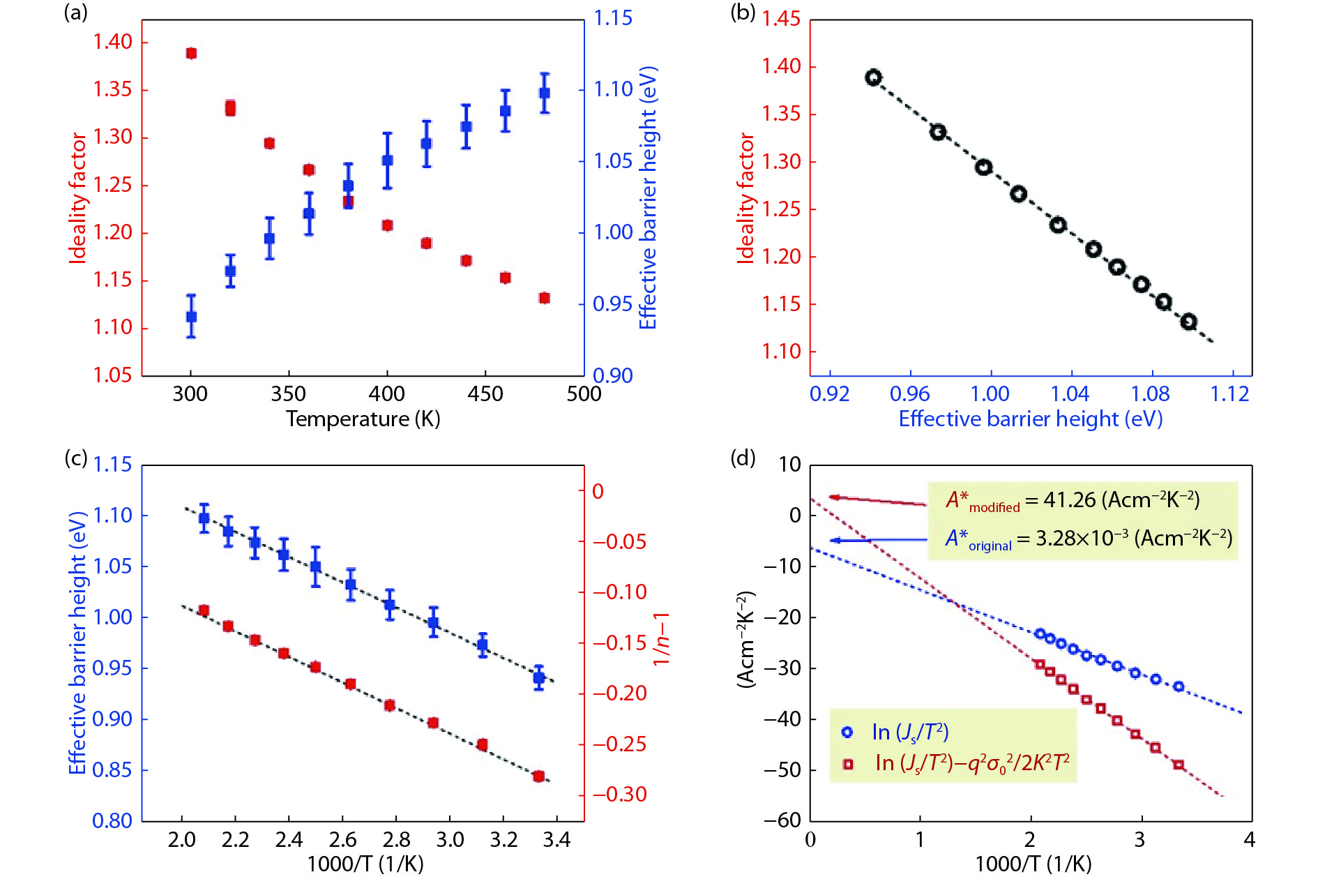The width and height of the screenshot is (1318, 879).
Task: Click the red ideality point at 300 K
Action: pos(191,54)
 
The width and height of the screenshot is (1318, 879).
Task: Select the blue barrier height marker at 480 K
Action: pos(545,93)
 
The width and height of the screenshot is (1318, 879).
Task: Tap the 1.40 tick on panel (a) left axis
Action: pos(113,42)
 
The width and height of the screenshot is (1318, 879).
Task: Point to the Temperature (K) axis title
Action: pos(363,419)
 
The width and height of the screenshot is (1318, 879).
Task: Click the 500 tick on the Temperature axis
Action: pos(584,394)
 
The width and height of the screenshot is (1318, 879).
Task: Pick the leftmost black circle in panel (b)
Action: pos(873,77)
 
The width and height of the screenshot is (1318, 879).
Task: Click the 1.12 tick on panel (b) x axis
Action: pos(1229,394)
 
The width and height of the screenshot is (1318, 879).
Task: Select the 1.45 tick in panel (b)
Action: pos(781,19)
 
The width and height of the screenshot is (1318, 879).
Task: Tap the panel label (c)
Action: pos(76,458)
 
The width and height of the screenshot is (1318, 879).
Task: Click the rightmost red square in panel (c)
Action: pos(538,776)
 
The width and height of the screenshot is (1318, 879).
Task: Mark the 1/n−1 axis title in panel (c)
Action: pos(660,639)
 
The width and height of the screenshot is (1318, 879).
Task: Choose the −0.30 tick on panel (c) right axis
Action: pos(620,795)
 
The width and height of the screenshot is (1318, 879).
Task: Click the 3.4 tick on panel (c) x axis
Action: pos(556,839)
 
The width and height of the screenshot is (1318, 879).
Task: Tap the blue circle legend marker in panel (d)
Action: pos(847,732)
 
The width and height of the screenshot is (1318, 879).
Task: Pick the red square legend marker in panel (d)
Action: pos(848,764)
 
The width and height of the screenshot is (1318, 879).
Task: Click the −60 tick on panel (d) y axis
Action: pos(782,820)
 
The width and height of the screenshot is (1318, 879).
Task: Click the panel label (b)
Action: pos(743,13)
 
